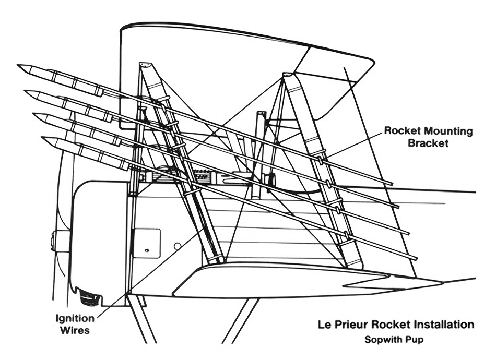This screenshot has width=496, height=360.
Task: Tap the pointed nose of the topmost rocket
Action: [19, 66]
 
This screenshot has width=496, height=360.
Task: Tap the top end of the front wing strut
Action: [145, 65]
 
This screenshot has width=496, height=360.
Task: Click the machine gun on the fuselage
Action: [204, 176]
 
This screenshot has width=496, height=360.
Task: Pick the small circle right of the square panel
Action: [178, 245]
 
